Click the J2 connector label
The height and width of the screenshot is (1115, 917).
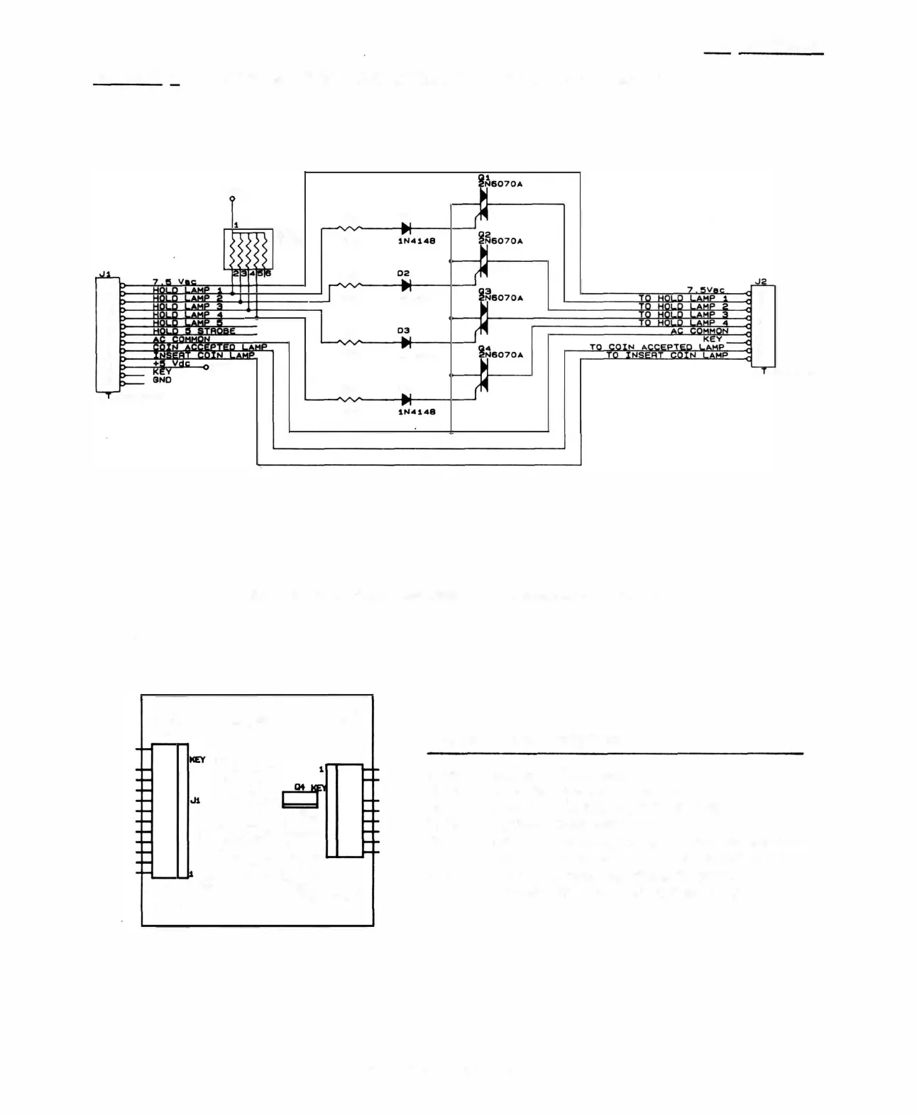click(x=761, y=282)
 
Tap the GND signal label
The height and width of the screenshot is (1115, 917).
click(x=162, y=380)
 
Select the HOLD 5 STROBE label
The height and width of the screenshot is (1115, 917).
click(x=193, y=331)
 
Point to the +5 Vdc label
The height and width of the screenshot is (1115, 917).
click(x=171, y=364)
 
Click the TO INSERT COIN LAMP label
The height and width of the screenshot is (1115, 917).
click(x=666, y=355)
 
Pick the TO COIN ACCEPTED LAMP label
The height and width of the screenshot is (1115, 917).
click(x=657, y=347)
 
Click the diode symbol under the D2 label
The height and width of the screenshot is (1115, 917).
click(x=406, y=285)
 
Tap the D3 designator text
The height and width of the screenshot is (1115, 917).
click(x=403, y=331)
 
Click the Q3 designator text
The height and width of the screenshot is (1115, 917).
click(x=485, y=291)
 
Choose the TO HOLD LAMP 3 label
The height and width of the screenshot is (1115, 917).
click(x=683, y=314)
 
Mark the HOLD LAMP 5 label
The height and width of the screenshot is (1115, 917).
click(x=187, y=323)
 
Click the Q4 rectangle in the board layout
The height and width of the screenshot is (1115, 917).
click(x=300, y=800)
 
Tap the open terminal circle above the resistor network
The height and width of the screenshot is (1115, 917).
click(x=231, y=199)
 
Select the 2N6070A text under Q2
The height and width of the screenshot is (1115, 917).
click(x=501, y=241)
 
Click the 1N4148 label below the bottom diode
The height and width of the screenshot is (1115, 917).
click(x=416, y=412)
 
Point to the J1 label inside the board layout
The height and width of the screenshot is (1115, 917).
click(x=194, y=800)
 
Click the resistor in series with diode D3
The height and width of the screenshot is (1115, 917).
click(x=349, y=342)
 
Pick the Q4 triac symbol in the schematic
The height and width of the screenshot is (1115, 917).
click(x=483, y=376)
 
